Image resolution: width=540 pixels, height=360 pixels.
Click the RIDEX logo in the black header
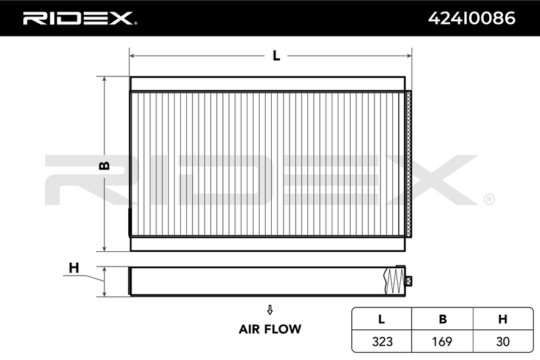(x=79, y=18)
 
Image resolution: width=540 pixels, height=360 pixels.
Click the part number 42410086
(x=472, y=18)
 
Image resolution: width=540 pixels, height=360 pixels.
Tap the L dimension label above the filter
(x=276, y=56)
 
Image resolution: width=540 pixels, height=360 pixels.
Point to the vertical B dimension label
(x=104, y=166)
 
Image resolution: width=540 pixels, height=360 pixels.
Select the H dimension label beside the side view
(x=74, y=268)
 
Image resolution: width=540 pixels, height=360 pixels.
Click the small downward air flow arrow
(x=270, y=310)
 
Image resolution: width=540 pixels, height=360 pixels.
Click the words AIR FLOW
(x=270, y=329)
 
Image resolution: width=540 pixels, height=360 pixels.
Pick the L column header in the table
(x=381, y=319)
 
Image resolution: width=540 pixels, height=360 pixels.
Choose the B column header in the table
(x=442, y=319)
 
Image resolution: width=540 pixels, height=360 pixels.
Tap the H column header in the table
(x=503, y=319)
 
